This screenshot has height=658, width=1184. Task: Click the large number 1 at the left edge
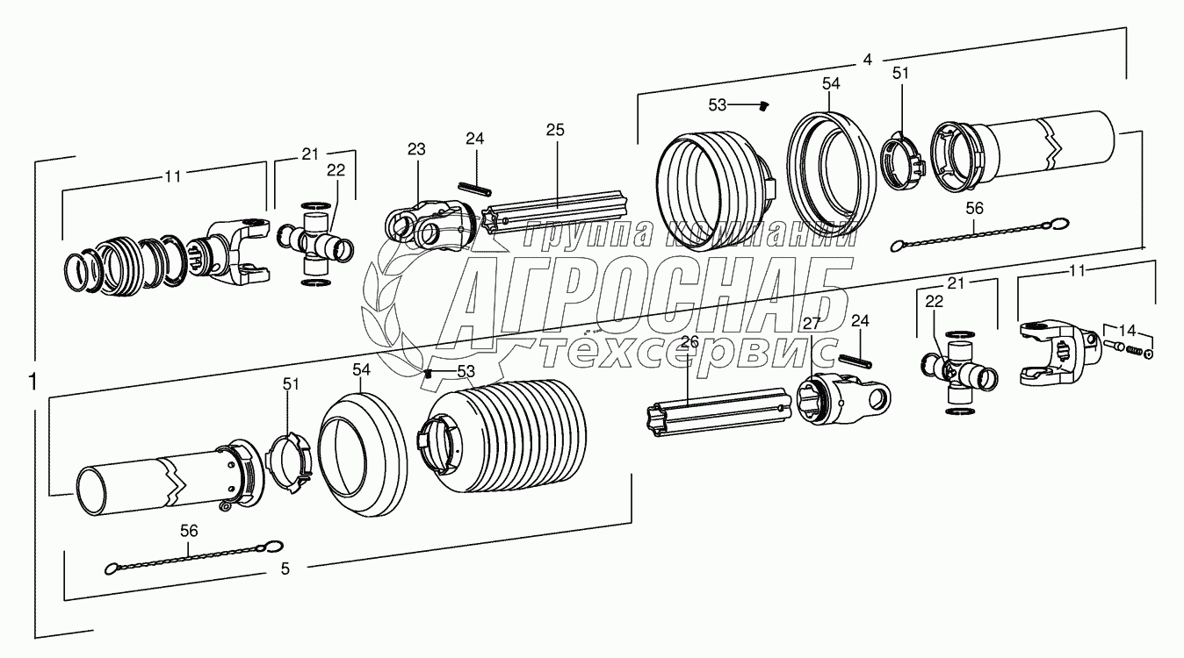[32, 383]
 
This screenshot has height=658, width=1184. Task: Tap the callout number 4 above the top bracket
[867, 61]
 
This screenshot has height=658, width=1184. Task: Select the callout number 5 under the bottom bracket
[285, 569]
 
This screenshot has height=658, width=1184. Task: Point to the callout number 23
[415, 150]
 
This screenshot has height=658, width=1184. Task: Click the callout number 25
[554, 130]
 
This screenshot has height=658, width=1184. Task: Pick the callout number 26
[689, 341]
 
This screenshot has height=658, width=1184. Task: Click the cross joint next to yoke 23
[316, 241]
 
